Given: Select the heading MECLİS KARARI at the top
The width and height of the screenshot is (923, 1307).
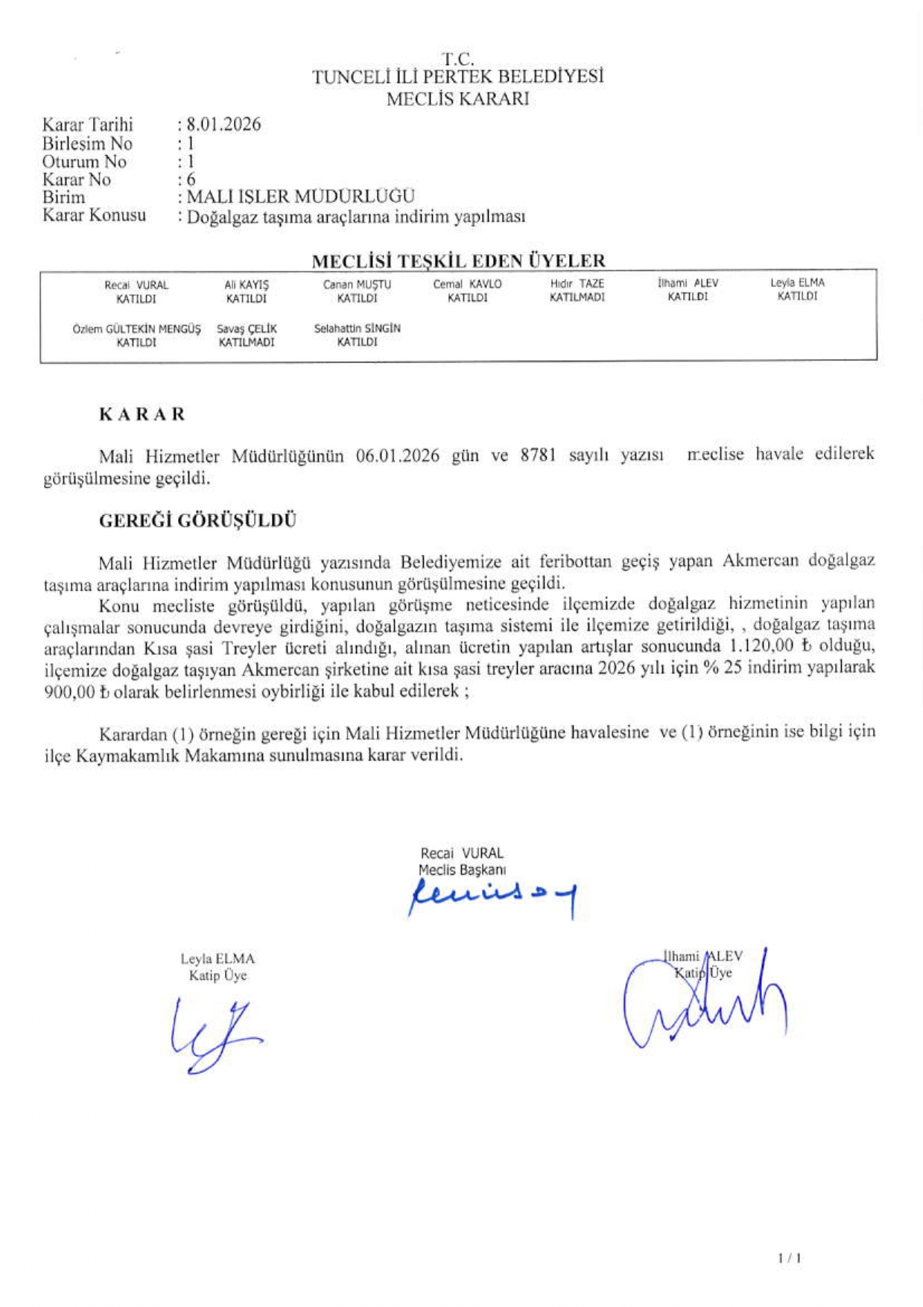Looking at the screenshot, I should click(457, 98).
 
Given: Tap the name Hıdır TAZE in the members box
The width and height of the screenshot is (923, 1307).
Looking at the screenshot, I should click(577, 284).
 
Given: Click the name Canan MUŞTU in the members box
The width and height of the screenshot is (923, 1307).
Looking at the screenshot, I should click(357, 285).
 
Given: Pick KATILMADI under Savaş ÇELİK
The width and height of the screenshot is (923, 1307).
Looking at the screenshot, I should click(247, 343).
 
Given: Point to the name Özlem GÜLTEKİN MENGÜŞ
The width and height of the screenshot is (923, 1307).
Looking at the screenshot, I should click(137, 329).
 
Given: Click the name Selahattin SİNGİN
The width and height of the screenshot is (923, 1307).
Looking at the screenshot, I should click(357, 328).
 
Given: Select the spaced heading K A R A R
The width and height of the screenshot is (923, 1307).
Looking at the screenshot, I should click(142, 414).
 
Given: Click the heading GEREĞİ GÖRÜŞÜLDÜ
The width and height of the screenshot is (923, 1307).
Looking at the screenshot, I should click(197, 521).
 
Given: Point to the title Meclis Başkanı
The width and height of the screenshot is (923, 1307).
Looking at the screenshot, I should click(462, 870).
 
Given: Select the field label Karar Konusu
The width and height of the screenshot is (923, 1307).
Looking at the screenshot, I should click(94, 215).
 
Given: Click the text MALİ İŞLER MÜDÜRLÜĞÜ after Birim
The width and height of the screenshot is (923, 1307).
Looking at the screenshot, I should click(300, 197).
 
